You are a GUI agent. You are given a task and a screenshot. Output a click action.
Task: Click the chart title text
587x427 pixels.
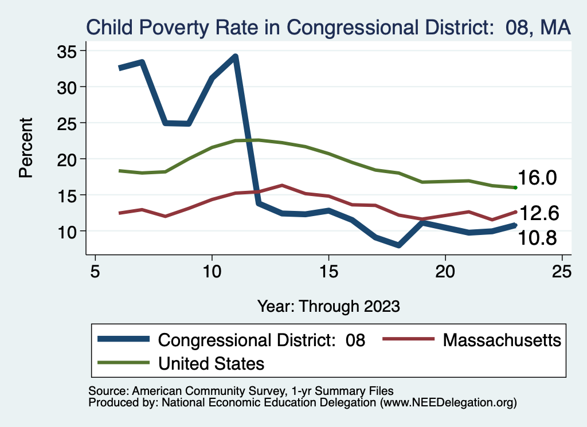tap(328, 27)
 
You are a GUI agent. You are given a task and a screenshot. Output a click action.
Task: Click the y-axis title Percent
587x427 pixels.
tap(26, 147)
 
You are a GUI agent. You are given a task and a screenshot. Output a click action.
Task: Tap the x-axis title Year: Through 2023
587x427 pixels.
tap(328, 305)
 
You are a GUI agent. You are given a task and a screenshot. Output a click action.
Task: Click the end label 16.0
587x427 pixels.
tap(538, 178)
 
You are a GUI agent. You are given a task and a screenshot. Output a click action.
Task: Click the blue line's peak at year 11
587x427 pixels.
tap(235, 56)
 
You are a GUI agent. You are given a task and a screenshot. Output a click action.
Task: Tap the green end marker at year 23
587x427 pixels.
tap(516, 187)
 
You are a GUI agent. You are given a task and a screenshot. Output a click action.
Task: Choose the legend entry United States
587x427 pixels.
tap(211, 363)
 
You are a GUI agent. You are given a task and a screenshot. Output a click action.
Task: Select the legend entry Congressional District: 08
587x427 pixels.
tap(261, 340)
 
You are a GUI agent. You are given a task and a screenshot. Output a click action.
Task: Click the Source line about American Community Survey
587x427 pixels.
tap(241, 391)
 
